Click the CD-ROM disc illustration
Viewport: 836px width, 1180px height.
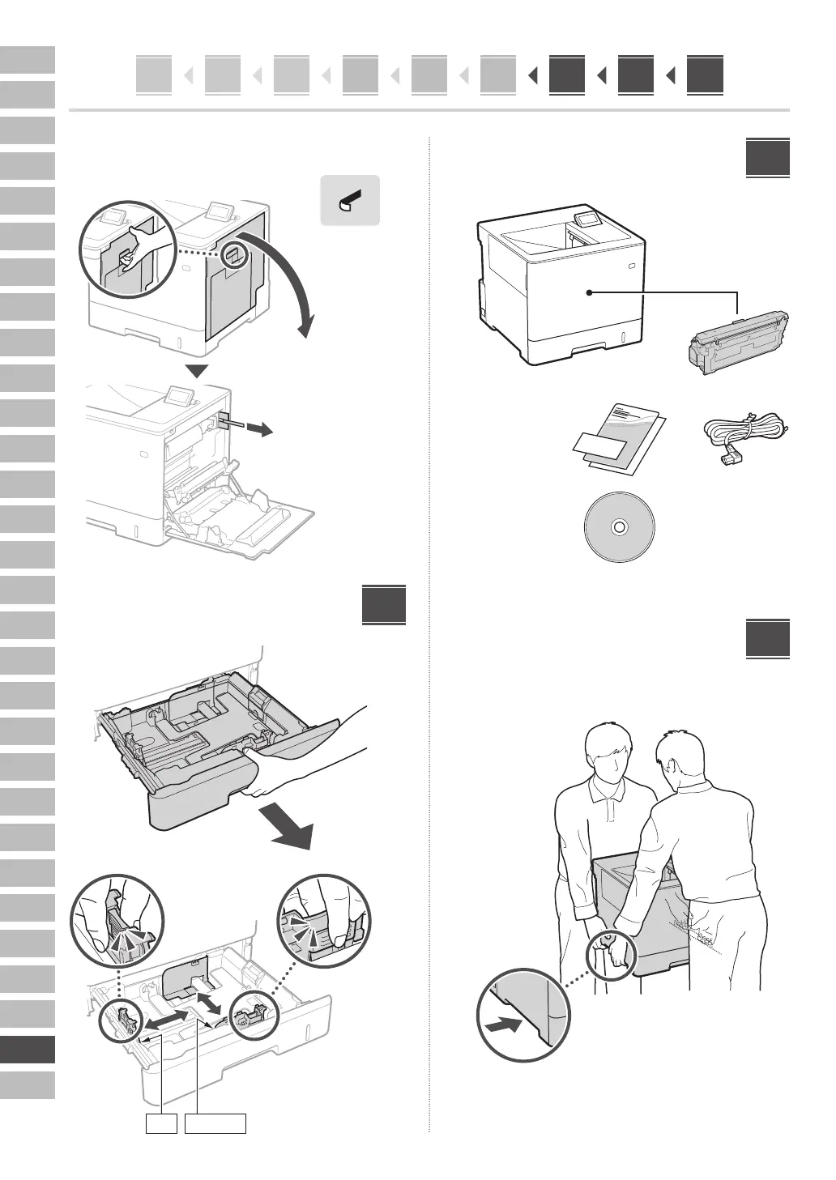coord(619,526)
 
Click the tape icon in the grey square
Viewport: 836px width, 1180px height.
coord(351,200)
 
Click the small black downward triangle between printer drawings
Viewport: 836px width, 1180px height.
coord(197,372)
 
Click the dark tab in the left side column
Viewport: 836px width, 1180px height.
coord(28,1050)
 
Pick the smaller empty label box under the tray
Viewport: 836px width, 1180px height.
coord(161,1123)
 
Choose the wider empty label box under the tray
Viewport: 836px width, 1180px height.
coord(215,1123)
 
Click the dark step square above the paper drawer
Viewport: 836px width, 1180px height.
coord(384,604)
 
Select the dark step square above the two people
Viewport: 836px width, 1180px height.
coord(767,640)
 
